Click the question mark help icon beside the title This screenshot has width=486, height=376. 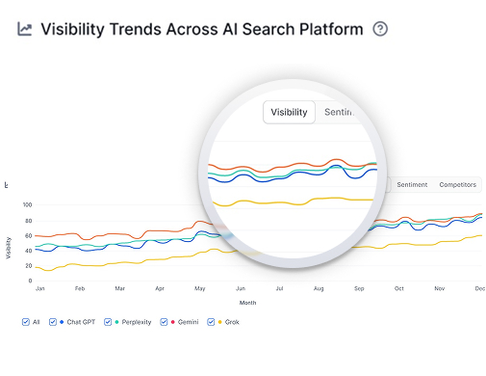coord(380,29)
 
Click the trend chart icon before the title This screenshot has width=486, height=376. coord(25,29)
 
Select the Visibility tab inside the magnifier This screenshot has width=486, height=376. coord(289,113)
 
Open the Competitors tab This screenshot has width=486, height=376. coord(457,184)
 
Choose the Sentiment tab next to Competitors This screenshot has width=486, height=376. coord(412,184)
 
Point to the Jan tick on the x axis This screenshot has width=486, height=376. coord(39,288)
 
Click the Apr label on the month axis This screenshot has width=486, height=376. coord(160,288)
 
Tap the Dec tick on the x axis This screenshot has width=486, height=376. coord(479,288)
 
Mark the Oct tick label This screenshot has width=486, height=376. coord(399,288)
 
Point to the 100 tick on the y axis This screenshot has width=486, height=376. coord(27,205)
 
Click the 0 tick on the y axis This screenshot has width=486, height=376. coord(30,281)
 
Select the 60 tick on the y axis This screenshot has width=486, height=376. coord(28,235)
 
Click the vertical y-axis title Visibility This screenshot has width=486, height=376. coord(10,247)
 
